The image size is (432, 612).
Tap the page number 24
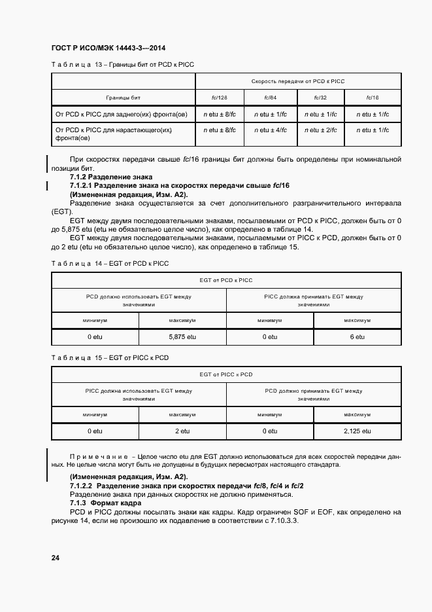pyautogui.click(x=56, y=558)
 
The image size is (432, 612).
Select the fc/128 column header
pyautogui.click(x=219, y=98)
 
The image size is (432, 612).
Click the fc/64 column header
pyautogui.click(x=271, y=98)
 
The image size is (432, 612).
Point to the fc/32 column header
pyautogui.click(x=321, y=98)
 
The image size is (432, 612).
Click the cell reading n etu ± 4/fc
pyautogui.click(x=271, y=130)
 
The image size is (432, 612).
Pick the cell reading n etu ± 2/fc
pyautogui.click(x=321, y=130)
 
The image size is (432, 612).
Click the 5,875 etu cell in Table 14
pyautogui.click(x=182, y=336)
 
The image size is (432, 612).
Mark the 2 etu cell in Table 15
pyautogui.click(x=182, y=431)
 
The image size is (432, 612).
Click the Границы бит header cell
pyautogui.click(x=124, y=98)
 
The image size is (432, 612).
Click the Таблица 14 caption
pyautogui.click(x=110, y=263)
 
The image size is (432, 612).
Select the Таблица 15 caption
pyautogui.click(x=110, y=358)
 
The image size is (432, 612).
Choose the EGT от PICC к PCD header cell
pyautogui.click(x=225, y=374)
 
